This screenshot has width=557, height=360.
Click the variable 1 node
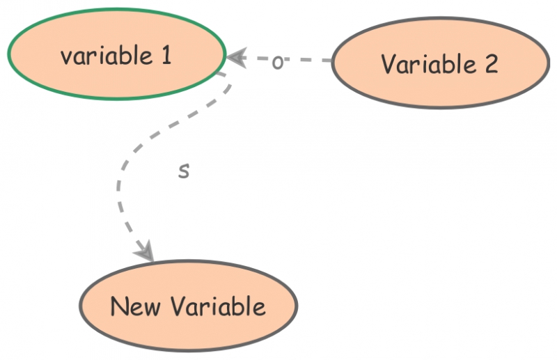click(x=116, y=54)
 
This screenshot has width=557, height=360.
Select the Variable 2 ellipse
click(x=439, y=63)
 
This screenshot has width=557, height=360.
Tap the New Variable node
click(x=188, y=306)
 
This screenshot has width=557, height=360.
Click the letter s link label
click(x=183, y=170)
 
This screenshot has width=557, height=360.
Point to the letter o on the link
click(x=277, y=63)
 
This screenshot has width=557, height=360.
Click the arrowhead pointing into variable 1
click(x=237, y=57)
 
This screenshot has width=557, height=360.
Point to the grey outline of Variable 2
click(x=439, y=107)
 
